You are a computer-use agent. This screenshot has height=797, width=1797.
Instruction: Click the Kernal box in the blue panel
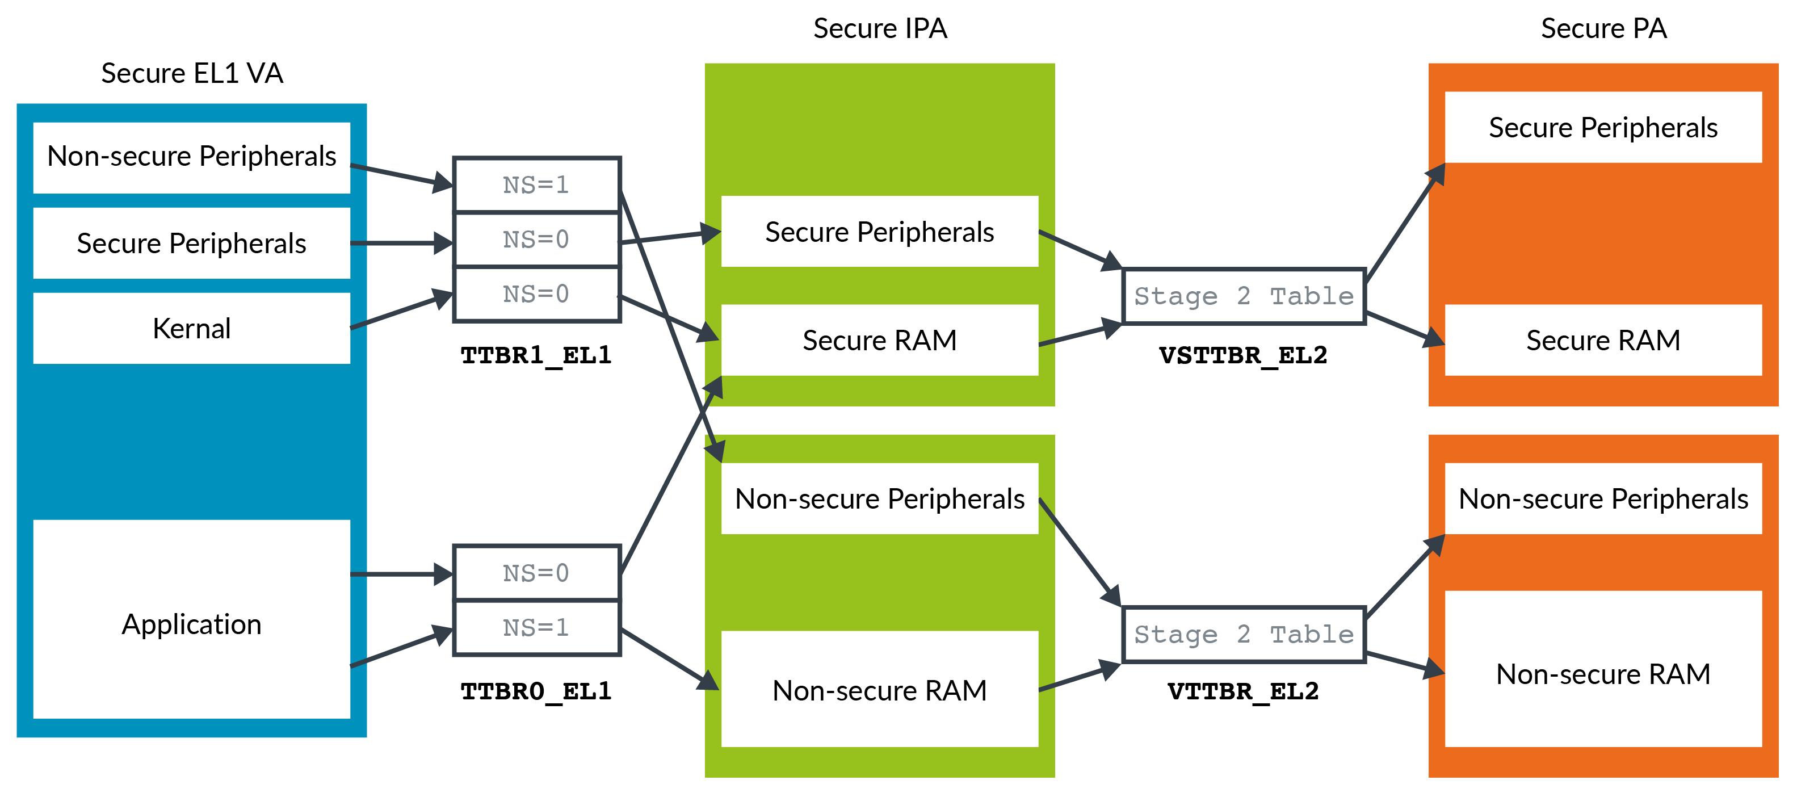[x=191, y=328]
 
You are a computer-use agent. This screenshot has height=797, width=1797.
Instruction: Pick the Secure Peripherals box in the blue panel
[x=191, y=243]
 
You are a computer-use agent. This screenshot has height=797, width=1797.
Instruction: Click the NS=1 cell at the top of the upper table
[x=536, y=185]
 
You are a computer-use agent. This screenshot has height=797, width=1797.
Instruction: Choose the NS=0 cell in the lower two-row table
[x=536, y=573]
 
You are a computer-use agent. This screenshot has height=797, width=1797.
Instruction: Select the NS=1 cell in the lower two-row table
[x=536, y=627]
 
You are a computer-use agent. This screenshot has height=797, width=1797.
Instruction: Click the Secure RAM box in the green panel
[x=879, y=340]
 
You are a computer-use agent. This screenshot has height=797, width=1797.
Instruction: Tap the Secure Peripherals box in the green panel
[x=879, y=232]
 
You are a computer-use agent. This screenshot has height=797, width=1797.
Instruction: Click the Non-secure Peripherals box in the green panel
[x=879, y=499]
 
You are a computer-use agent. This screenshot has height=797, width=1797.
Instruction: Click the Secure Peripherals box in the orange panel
[x=1602, y=128]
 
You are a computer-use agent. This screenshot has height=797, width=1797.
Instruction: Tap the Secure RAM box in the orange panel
[x=1602, y=340]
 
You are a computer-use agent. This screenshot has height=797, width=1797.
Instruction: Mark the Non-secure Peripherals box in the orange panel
[x=1602, y=499]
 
